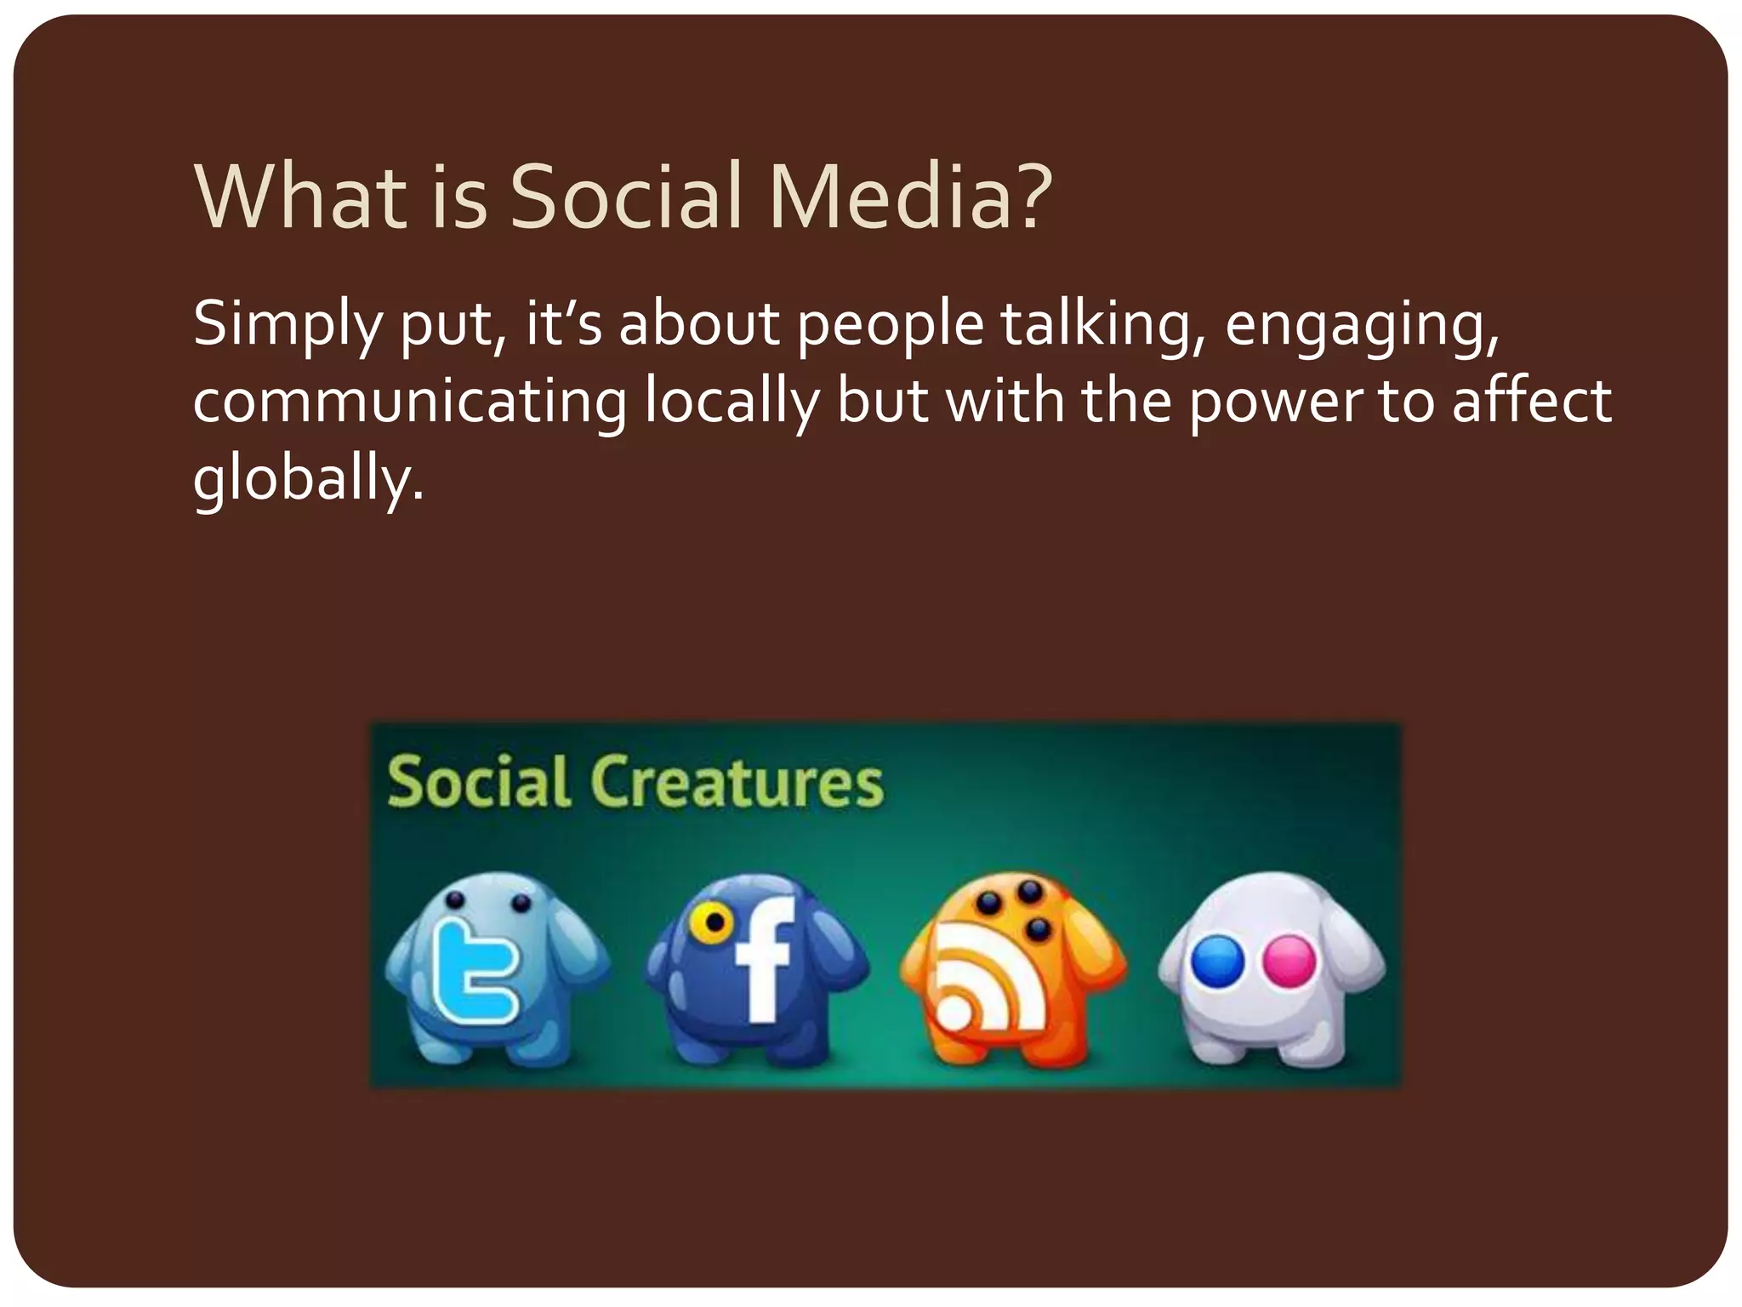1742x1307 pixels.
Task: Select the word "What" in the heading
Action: (x=299, y=197)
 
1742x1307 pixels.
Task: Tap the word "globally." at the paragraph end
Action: (x=308, y=480)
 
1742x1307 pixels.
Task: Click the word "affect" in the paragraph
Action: (x=1531, y=401)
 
